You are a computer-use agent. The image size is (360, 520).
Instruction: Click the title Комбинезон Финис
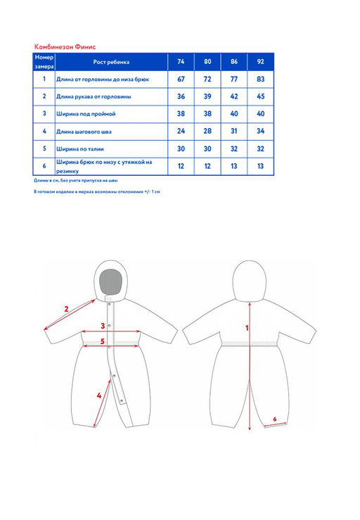coord(65,46)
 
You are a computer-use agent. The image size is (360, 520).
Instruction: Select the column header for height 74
coord(181,62)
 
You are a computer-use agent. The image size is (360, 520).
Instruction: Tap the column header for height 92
coord(261,62)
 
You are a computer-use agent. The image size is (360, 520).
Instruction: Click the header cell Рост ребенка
coord(111,62)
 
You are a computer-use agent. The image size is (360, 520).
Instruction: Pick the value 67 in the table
coord(181,80)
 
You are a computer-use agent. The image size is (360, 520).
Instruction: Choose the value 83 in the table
coord(261,80)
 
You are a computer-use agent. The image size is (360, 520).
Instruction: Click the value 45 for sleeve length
coord(261,96)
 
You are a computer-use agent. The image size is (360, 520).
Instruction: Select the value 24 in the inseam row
coord(181,132)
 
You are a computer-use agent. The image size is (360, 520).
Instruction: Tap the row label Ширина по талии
coord(80,149)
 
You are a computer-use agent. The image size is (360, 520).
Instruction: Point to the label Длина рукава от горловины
coord(94,97)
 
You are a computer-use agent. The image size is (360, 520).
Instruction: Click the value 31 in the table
coord(234,132)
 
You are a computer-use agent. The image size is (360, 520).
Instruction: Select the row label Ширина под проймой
coord(86,114)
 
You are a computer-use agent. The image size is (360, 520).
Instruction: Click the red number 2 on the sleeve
coord(66,309)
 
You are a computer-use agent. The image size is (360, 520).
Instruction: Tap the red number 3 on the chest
coord(103,326)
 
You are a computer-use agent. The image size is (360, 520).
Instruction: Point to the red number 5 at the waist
coord(103,341)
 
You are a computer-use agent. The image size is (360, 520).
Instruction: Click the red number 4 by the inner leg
coord(98,395)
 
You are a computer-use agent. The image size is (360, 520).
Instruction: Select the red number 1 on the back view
coord(247,328)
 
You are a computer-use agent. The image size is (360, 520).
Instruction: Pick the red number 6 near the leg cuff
coord(274,419)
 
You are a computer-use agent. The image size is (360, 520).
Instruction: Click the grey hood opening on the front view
coord(111,281)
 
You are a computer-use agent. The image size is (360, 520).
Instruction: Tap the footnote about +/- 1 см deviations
coord(97,191)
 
